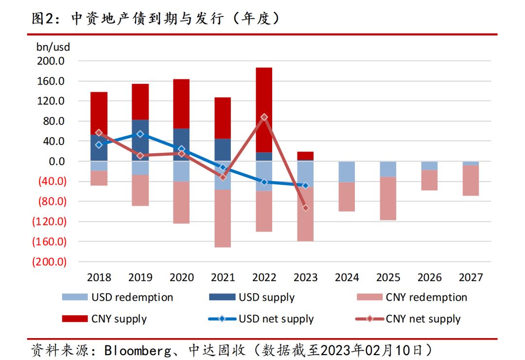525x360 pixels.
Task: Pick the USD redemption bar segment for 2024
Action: [347, 172]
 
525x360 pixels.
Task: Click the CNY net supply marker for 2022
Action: [264, 117]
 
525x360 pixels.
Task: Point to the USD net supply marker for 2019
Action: [140, 134]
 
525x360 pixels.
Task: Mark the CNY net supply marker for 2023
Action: [305, 208]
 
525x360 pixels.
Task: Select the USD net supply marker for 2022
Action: [264, 182]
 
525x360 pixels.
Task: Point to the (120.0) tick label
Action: [49, 221]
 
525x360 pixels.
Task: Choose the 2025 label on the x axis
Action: [388, 278]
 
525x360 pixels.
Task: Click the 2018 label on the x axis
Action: [99, 278]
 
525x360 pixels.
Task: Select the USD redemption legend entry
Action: [132, 297]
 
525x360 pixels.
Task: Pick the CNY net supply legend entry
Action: [423, 319]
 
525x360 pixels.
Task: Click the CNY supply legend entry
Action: [119, 319]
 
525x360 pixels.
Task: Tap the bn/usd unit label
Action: [53, 47]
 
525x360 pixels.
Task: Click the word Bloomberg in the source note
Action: [131, 350]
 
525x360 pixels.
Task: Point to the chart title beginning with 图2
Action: [156, 18]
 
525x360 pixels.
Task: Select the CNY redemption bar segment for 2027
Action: [471, 180]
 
